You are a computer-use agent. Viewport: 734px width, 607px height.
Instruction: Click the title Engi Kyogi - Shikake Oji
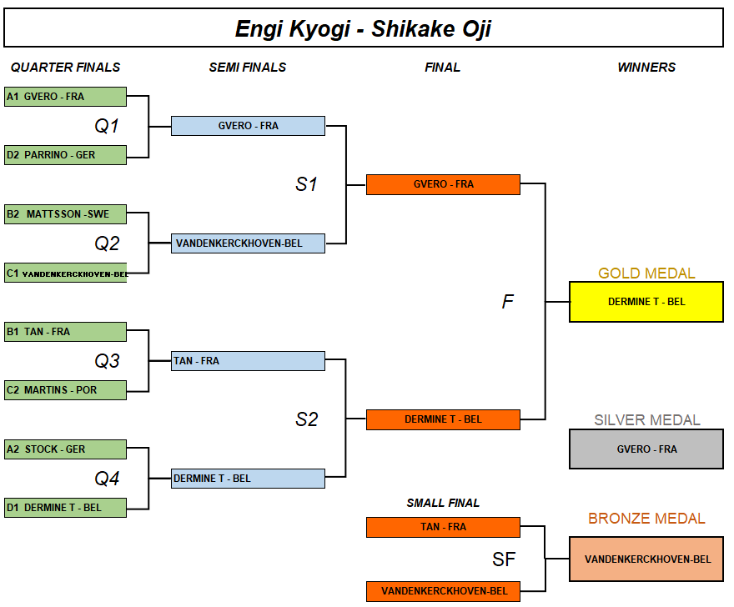(363, 29)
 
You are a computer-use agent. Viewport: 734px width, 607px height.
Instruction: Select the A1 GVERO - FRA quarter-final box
(65, 97)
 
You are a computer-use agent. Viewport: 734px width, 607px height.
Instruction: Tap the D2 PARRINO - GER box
(65, 155)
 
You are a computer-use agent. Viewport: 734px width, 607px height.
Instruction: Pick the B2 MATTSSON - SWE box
(65, 214)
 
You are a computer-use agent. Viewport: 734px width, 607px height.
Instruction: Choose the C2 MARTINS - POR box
(65, 390)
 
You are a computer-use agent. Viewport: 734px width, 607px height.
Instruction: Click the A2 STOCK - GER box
(65, 449)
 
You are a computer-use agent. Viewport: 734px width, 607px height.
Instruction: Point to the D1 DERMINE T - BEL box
(65, 508)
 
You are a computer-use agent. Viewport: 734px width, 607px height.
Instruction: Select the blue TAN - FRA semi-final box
(248, 361)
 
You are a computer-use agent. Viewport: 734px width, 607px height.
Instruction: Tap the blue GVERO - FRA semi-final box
(248, 126)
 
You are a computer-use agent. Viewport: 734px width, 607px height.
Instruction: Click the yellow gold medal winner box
(646, 302)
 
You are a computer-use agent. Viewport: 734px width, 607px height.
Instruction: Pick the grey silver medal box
(646, 449)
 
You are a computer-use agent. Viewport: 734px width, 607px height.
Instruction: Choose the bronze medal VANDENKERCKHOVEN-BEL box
(646, 559)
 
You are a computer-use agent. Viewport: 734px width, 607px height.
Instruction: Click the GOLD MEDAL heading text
(646, 273)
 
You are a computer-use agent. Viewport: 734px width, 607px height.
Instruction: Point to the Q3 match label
(107, 361)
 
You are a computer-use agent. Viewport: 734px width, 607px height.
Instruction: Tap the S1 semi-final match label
(307, 184)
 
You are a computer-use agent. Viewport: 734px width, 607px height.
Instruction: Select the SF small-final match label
(504, 559)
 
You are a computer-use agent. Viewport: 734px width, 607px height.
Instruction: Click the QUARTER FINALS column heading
(65, 68)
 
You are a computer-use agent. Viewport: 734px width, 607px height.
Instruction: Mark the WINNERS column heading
(646, 68)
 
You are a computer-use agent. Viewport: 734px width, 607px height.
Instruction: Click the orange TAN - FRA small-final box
(443, 527)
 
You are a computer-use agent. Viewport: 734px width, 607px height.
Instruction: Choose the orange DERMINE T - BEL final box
(443, 419)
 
